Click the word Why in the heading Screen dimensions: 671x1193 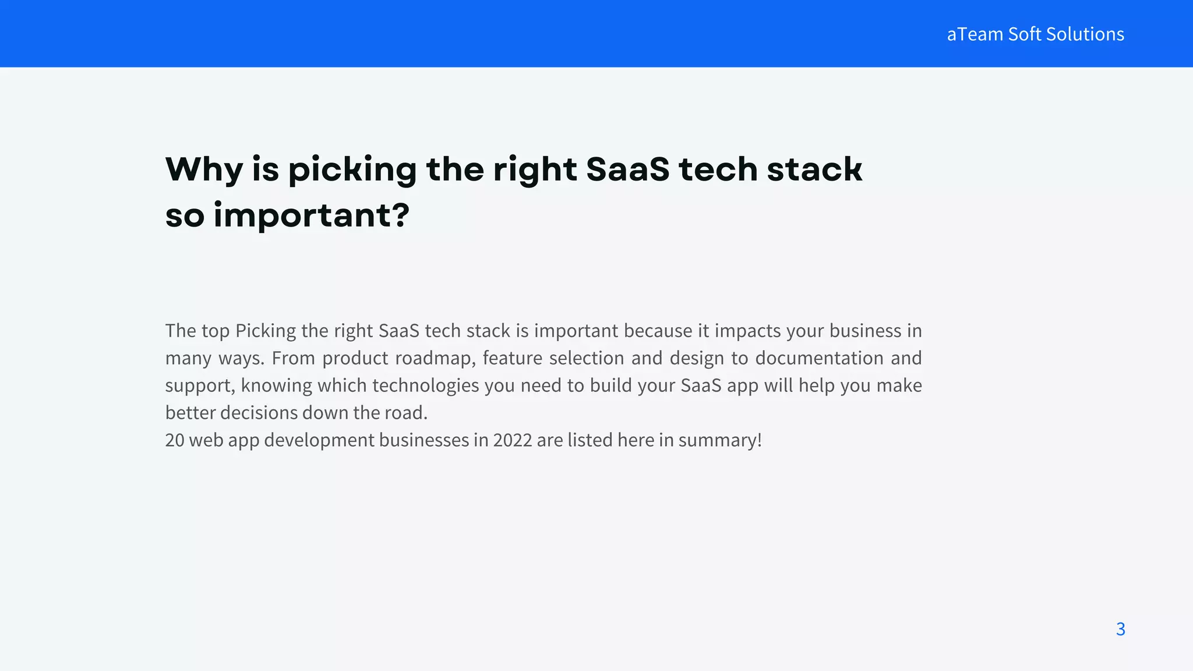204,169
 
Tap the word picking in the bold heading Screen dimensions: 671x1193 352,169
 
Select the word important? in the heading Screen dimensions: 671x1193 312,216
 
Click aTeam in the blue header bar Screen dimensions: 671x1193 975,34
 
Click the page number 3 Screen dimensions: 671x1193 1120,629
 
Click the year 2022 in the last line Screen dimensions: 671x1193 512,440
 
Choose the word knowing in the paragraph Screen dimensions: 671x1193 276,385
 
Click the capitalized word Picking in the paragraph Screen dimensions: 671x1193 266,330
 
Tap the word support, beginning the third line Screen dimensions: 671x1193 200,385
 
